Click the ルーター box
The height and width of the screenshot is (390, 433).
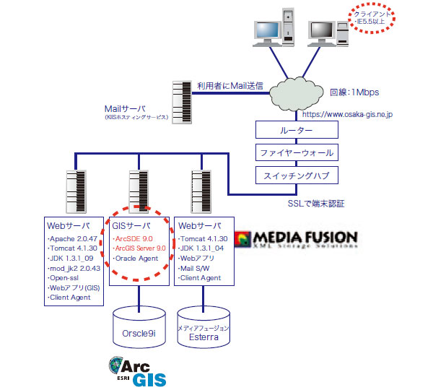[x=296, y=131]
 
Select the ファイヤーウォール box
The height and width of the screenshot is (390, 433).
[x=296, y=152]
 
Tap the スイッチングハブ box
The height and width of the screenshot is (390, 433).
[x=296, y=175]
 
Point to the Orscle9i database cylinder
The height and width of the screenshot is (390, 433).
[x=139, y=329]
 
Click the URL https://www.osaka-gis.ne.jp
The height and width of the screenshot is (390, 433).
[x=347, y=114]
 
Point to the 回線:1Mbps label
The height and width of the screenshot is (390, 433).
[x=354, y=92]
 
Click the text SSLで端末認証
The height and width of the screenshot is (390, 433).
[x=316, y=204]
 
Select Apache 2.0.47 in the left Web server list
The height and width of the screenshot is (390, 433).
[x=72, y=238]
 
